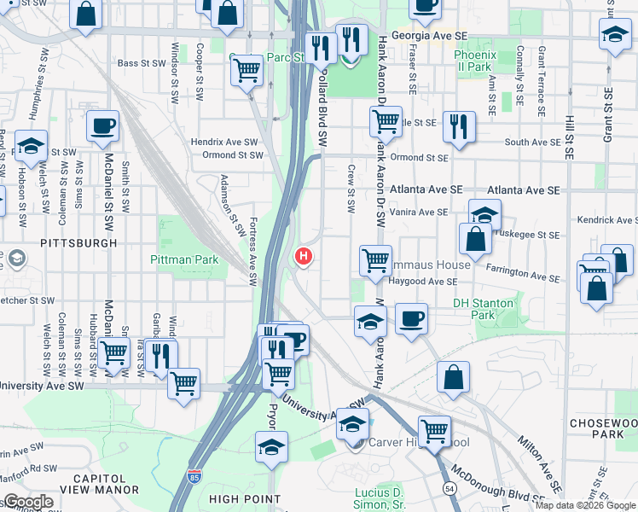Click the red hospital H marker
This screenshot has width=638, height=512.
(x=303, y=256)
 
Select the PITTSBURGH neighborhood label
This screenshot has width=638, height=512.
(x=78, y=243)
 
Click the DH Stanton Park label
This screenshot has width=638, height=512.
(x=484, y=308)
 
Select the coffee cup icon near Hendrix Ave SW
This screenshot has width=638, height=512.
(x=102, y=126)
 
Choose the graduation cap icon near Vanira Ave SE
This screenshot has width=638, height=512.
(x=484, y=213)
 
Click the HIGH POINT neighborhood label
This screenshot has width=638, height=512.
(x=244, y=499)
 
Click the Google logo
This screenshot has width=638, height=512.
(x=27, y=502)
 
